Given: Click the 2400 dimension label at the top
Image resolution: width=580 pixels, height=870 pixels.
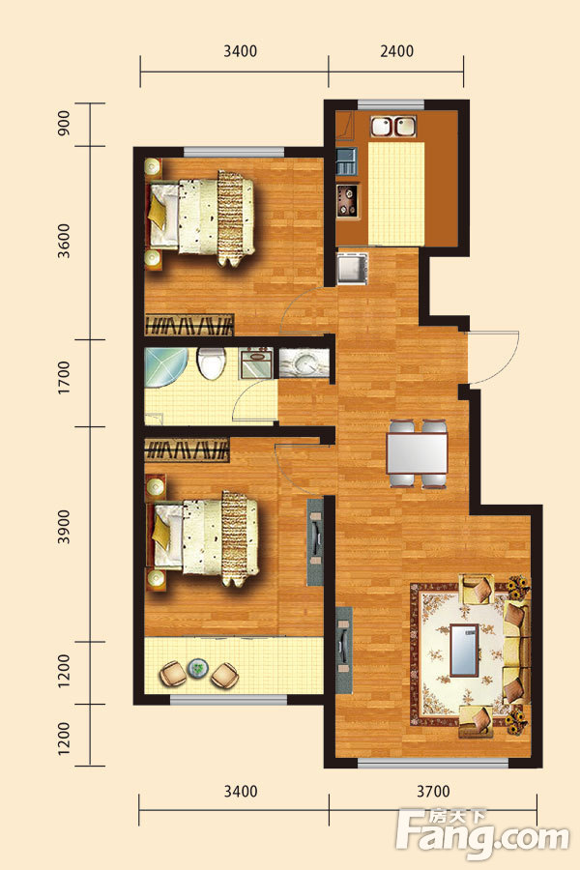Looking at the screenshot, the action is click(397, 51).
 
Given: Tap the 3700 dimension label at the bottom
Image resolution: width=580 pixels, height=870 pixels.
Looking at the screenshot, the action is click(433, 791).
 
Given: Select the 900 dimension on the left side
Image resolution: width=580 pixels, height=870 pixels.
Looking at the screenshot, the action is click(64, 124).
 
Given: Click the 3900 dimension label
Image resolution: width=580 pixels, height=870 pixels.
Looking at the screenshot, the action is click(64, 527).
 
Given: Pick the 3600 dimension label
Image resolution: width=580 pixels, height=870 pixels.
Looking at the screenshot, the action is click(64, 241).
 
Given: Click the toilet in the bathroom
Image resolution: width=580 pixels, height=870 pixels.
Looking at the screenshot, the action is click(211, 363).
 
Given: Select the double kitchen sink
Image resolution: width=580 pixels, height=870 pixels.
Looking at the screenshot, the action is click(393, 126).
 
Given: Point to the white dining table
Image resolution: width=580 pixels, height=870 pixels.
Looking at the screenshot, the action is click(417, 452).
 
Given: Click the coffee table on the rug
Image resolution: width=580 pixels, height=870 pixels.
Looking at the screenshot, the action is click(464, 651).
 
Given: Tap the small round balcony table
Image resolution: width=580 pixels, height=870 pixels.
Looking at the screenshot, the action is click(197, 669).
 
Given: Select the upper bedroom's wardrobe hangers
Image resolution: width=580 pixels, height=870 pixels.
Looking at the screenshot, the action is click(189, 325).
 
